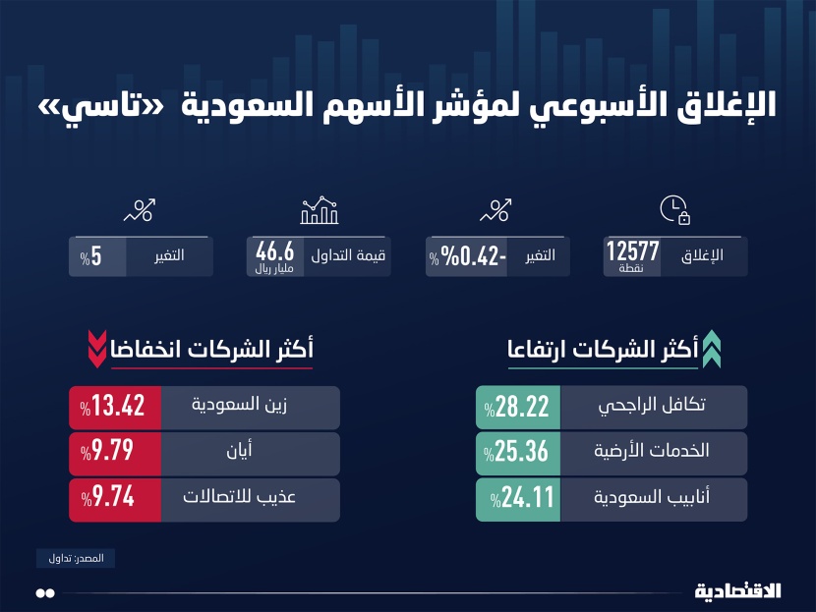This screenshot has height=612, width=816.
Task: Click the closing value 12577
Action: (633, 251)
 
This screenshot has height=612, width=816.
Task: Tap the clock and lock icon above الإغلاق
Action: (673, 209)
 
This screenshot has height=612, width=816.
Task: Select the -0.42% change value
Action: (470, 256)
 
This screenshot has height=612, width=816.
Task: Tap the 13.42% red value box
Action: (114, 407)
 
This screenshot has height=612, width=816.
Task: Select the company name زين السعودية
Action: (255, 407)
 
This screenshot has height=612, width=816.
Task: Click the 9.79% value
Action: (114, 453)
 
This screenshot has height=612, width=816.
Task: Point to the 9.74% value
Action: (114, 499)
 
